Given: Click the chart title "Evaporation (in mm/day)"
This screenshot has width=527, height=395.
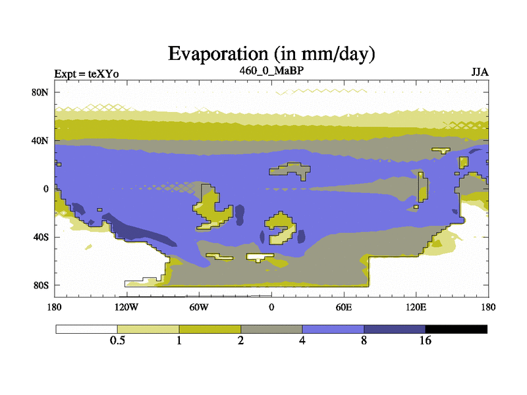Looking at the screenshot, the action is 271,54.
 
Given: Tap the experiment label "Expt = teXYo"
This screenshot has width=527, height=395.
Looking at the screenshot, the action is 86,74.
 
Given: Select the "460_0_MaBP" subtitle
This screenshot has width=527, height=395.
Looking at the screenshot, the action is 271,70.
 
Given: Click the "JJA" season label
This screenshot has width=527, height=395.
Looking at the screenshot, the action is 480,72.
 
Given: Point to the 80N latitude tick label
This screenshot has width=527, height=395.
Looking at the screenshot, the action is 40,92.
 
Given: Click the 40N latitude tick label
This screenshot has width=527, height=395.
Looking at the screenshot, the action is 40,140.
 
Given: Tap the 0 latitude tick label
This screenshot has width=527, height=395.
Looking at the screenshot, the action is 45,189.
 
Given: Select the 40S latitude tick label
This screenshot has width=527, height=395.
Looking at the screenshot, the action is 41,237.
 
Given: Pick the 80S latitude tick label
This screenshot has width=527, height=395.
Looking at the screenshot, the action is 41,286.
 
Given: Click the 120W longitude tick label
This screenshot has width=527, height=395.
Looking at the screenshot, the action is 126,307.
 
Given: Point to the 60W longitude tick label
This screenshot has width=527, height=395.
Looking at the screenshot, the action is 199,307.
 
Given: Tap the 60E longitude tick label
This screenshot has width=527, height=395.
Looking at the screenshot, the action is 344,307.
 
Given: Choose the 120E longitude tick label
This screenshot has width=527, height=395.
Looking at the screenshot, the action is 416,307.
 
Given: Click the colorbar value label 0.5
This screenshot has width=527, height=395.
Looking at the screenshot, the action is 117,340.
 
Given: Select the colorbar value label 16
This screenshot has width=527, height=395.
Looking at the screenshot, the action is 425,340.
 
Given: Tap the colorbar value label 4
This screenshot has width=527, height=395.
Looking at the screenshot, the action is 302,340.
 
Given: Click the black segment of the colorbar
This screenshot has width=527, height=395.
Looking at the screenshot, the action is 456,329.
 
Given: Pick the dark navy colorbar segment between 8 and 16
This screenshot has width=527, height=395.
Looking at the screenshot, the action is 395,329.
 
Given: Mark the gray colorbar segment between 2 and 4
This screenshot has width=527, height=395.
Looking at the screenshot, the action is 271,329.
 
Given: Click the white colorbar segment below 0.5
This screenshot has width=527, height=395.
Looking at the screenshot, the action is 87,329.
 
